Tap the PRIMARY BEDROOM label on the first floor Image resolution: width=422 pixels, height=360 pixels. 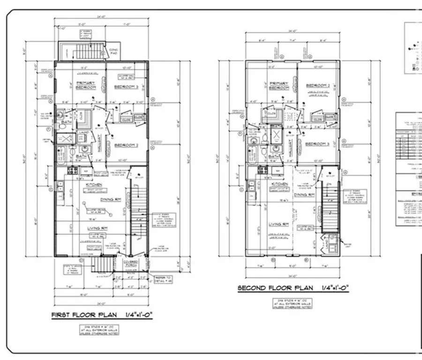[x=86, y=85]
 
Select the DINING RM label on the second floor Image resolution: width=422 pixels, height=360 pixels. [x=304, y=194]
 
